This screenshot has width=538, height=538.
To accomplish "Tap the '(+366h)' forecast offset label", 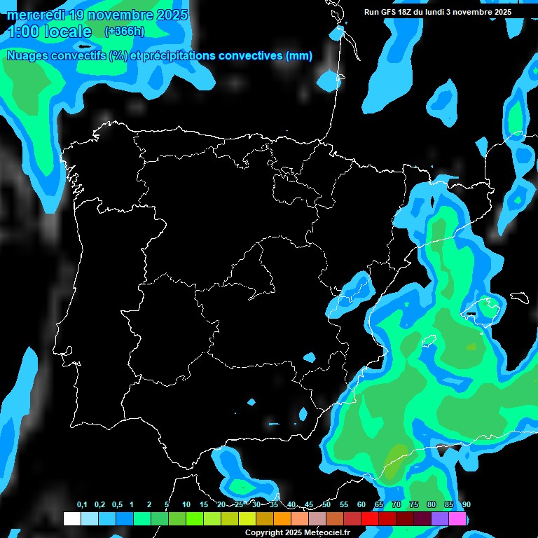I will click(x=124, y=31).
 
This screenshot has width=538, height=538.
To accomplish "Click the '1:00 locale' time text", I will click(x=49, y=32).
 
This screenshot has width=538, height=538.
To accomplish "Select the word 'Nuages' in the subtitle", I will click(x=29, y=56).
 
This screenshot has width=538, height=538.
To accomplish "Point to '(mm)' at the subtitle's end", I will click(x=299, y=56).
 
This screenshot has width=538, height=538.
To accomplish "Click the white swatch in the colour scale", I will click(x=71, y=519).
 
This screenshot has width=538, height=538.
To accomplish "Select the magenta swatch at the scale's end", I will click(x=457, y=519).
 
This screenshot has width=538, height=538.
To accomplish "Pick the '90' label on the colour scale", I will click(x=466, y=505).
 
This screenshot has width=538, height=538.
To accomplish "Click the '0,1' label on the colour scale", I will click(x=82, y=505).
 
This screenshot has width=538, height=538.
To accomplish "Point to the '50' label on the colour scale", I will click(x=326, y=505).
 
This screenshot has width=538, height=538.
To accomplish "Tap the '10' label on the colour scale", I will click(x=186, y=505).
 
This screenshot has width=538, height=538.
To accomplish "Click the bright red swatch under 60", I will click(x=370, y=519).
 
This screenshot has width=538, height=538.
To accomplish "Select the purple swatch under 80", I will click(x=440, y=519).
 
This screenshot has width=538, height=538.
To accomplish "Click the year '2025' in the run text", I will click(x=503, y=12).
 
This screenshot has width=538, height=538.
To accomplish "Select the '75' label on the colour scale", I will click(x=414, y=505).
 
